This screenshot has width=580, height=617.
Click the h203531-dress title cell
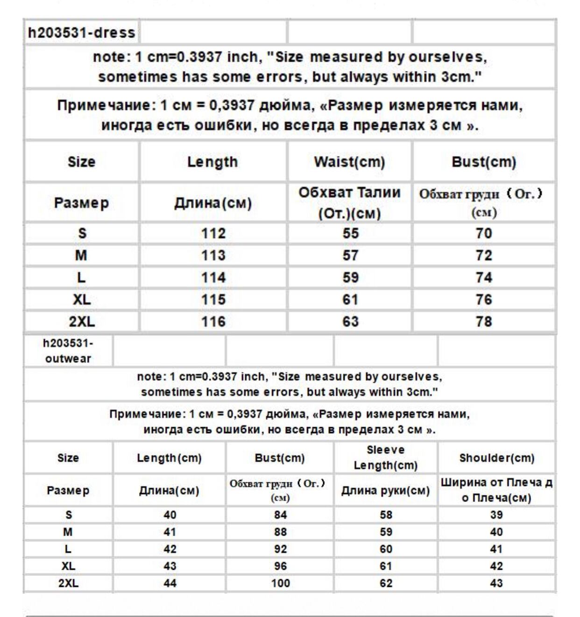click(x=82, y=33)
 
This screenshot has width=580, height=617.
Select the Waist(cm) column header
click(x=349, y=162)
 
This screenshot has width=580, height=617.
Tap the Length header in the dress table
click(x=212, y=162)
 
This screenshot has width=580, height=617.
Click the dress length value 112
click(x=213, y=233)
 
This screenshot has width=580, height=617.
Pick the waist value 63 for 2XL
click(x=350, y=322)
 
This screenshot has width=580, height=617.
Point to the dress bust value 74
click(x=484, y=278)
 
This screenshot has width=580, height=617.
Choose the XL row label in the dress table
click(x=82, y=300)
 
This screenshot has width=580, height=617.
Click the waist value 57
click(x=350, y=255)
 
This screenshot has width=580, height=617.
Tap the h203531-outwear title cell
click(x=68, y=351)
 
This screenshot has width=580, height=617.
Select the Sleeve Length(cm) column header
click(x=386, y=458)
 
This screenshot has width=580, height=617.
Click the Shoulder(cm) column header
click(x=496, y=458)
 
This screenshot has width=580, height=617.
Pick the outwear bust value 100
click(x=280, y=583)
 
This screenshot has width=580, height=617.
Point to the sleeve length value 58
click(x=386, y=515)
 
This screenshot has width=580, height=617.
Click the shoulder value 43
click(x=496, y=583)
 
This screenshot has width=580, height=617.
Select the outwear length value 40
click(x=170, y=515)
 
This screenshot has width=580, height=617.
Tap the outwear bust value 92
click(x=280, y=549)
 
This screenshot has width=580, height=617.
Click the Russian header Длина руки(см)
click(x=386, y=491)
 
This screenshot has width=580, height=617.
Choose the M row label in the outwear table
click(x=68, y=532)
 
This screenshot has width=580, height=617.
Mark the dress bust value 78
click(x=484, y=322)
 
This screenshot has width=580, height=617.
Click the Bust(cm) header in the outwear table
click(x=280, y=458)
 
